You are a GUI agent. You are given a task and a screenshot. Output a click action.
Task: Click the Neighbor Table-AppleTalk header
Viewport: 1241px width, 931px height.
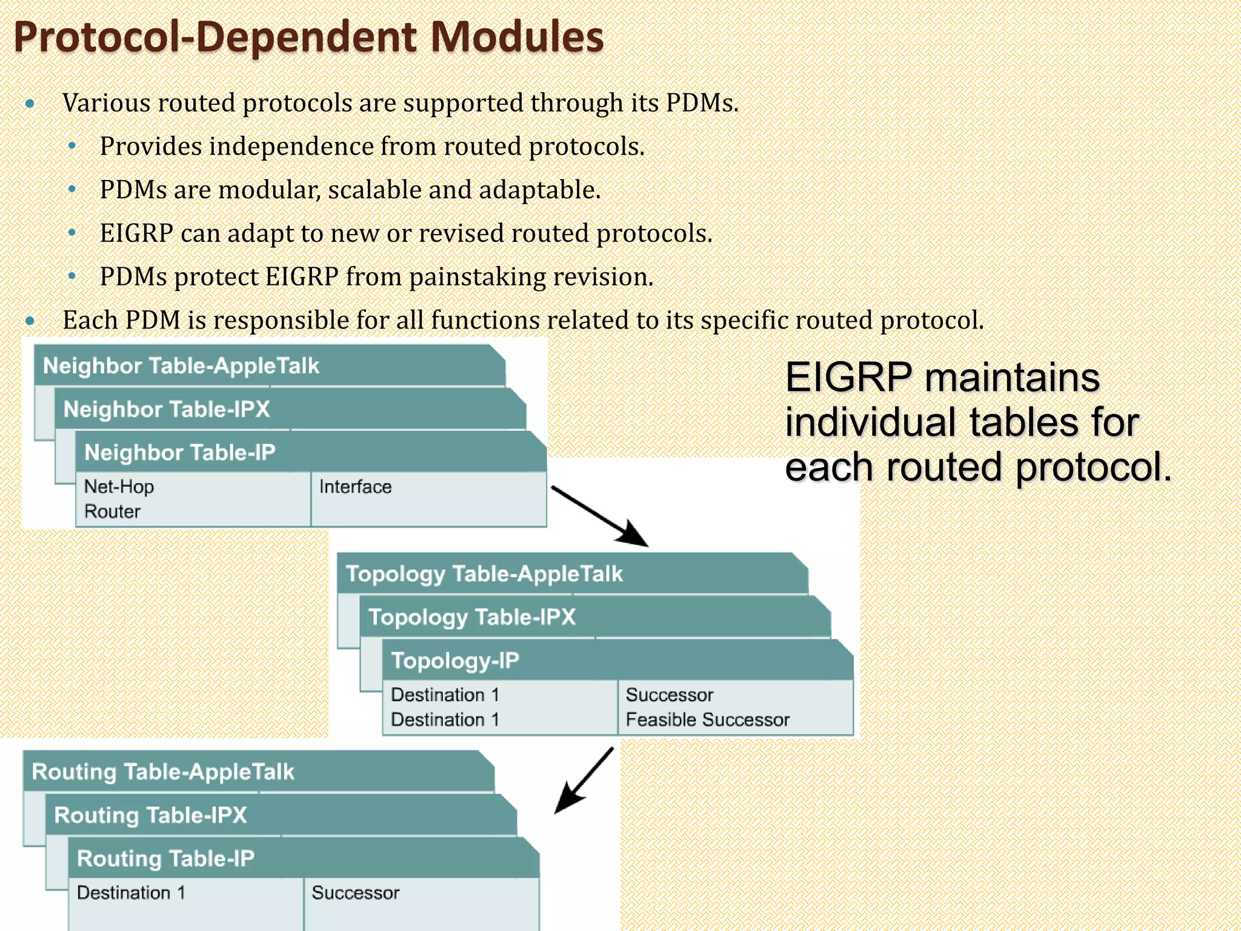pyautogui.click(x=181, y=366)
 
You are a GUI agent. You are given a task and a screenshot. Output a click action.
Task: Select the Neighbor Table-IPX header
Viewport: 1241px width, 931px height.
pyautogui.click(x=167, y=410)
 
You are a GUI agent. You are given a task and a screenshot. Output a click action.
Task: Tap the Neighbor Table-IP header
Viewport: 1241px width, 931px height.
pyautogui.click(x=180, y=453)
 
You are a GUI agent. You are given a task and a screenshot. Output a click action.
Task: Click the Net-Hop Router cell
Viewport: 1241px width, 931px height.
pyautogui.click(x=119, y=499)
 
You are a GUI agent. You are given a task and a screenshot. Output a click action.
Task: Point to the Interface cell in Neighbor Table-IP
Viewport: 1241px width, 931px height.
pyautogui.click(x=355, y=487)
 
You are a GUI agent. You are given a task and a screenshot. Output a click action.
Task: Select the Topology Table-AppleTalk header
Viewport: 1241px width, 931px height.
pyautogui.click(x=484, y=574)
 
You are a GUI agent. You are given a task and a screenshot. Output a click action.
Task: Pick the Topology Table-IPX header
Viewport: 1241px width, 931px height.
pyautogui.click(x=471, y=618)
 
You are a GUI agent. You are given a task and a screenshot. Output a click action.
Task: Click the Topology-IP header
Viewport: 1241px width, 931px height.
pyautogui.click(x=455, y=661)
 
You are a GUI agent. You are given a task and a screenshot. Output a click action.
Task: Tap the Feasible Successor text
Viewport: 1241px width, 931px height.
pyautogui.click(x=707, y=720)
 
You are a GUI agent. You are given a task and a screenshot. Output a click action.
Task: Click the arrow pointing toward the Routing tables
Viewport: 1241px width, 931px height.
pyautogui.click(x=584, y=781)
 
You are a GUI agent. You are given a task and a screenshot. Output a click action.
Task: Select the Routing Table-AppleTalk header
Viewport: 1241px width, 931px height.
pyautogui.click(x=162, y=772)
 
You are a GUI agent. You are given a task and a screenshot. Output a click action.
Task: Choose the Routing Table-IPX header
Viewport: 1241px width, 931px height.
pyautogui.click(x=150, y=815)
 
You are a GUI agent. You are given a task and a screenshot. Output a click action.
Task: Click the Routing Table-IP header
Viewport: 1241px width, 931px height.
pyautogui.click(x=165, y=859)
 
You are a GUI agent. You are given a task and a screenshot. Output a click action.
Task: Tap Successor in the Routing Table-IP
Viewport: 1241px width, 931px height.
pyautogui.click(x=355, y=893)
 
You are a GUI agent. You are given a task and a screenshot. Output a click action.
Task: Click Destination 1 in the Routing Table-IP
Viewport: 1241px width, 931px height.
pyautogui.click(x=131, y=893)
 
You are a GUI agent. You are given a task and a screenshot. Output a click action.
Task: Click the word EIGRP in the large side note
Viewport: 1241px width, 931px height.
pyautogui.click(x=848, y=378)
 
